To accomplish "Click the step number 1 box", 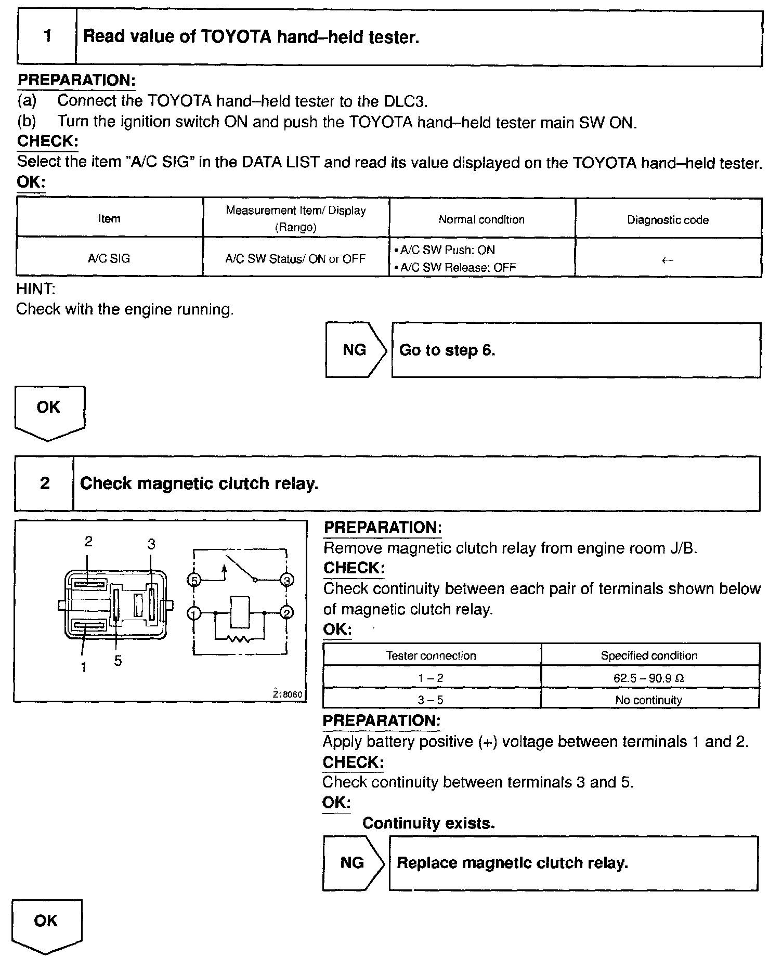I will tap(47, 37).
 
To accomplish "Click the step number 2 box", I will tap(45, 483).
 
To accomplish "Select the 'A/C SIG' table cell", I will tap(109, 258).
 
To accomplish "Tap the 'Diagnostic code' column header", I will tap(668, 220).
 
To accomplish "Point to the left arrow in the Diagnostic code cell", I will tap(668, 260).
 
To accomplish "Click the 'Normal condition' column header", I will tap(481, 219).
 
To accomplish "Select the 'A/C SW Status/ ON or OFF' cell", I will tap(295, 259).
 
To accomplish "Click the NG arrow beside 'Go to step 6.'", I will tap(356, 350).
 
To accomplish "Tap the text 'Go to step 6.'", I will tap(447, 350).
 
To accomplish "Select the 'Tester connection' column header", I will tap(431, 655).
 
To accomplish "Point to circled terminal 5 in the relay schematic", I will tap(194, 580).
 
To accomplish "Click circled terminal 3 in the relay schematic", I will tap(286, 580).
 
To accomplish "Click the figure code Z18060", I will tap(288, 694).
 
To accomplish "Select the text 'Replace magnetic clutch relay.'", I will tap(512, 863).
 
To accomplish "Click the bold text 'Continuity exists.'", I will tap(428, 823).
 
